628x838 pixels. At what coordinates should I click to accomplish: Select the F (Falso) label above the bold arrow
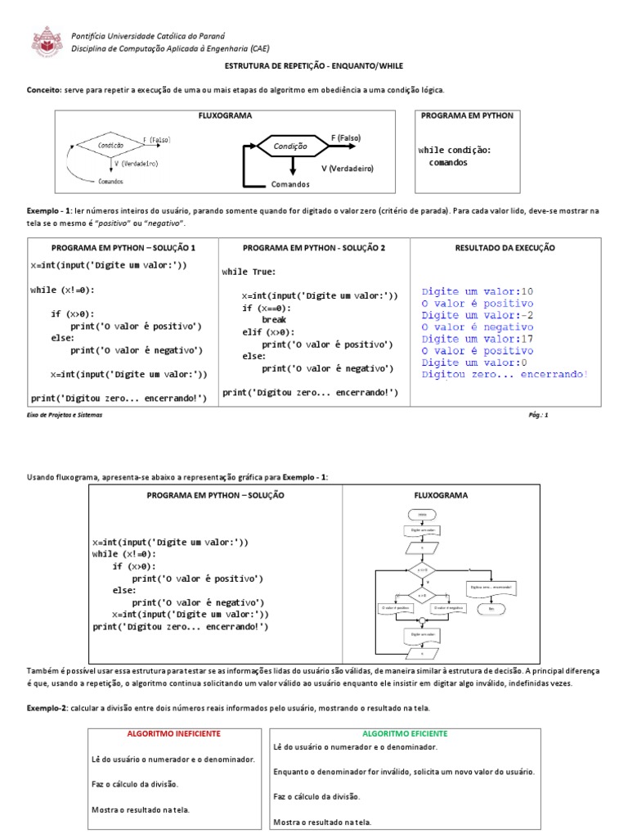345,137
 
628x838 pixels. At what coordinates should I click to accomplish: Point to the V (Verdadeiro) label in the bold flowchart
347,168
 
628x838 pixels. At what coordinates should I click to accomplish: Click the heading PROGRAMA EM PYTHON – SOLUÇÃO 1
123,247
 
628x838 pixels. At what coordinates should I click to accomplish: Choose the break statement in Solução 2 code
273,320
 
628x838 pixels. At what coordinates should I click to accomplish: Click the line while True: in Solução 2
249,272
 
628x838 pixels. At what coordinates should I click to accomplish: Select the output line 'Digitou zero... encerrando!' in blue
505,374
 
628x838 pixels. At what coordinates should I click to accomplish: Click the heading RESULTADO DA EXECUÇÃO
505,247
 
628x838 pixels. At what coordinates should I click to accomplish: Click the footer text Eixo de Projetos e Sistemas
65,415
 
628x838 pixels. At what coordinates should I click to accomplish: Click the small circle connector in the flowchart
422,620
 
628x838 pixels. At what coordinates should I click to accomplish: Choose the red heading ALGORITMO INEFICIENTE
174,733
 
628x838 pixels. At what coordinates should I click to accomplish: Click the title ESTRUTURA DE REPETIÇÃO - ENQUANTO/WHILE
313,65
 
